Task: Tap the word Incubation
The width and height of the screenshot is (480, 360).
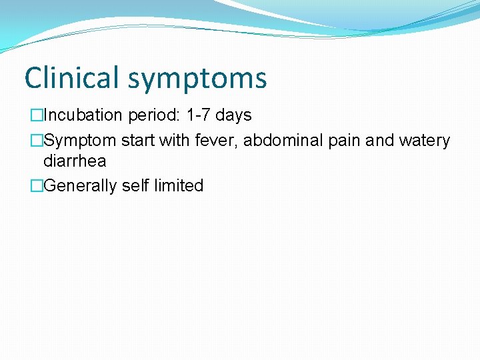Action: tap(83, 115)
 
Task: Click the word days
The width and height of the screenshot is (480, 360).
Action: tap(233, 116)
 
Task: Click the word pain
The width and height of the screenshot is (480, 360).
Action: tap(345, 141)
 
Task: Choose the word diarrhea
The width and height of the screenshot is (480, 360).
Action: tap(75, 161)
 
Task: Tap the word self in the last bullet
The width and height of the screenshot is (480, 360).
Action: tap(136, 185)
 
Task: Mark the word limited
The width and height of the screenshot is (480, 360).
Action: tap(179, 185)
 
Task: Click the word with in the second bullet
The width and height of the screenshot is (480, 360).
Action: tap(175, 141)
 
